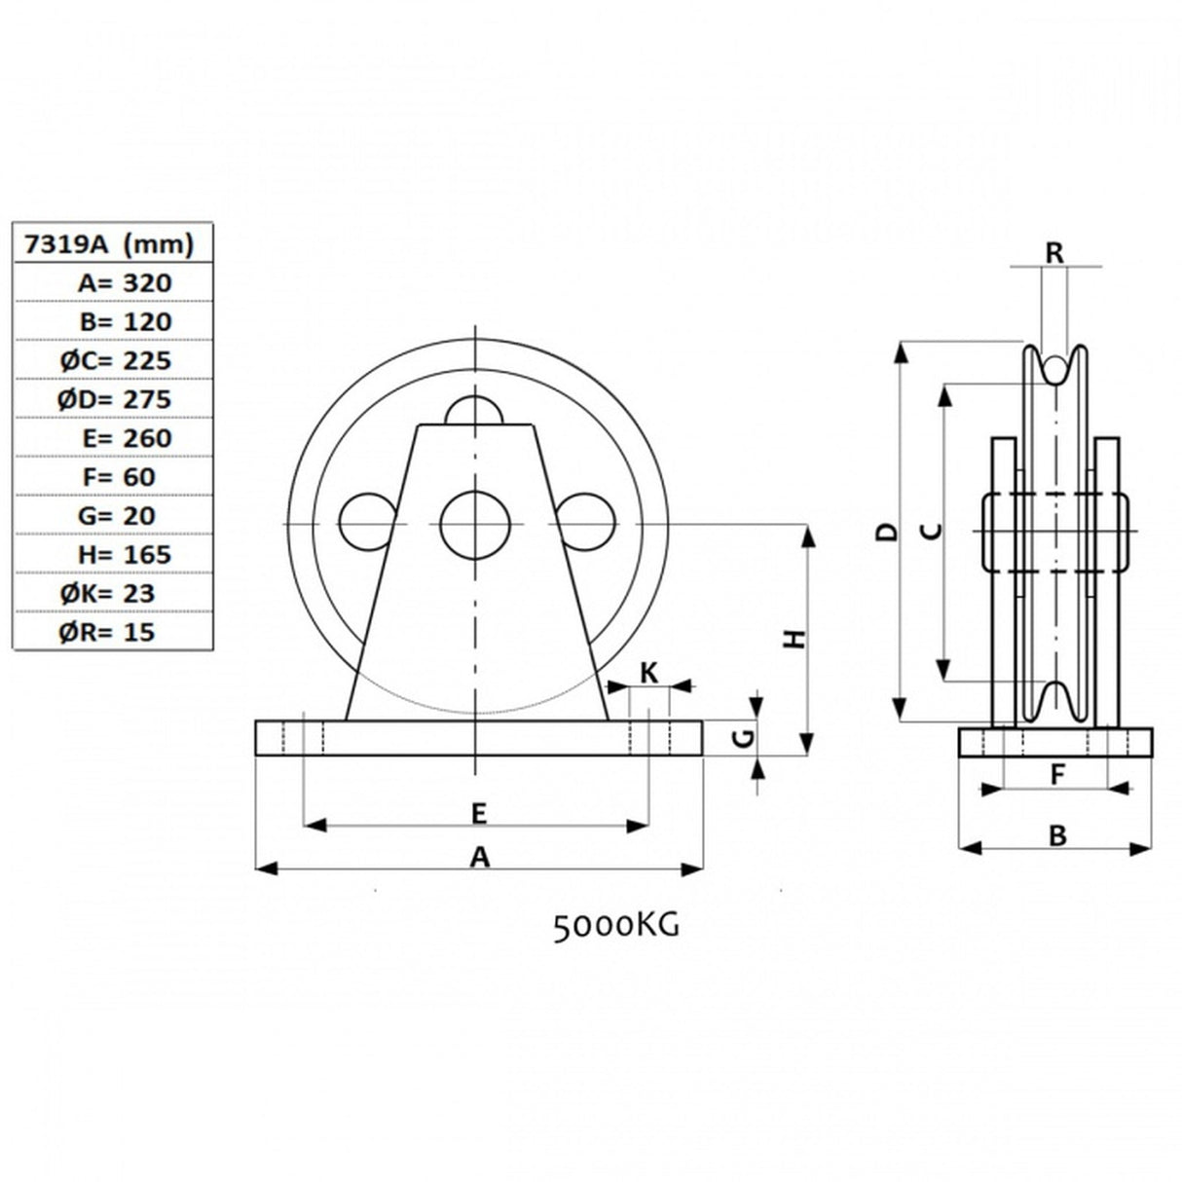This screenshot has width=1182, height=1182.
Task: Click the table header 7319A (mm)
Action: tap(110, 243)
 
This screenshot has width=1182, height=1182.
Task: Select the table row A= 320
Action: tap(124, 282)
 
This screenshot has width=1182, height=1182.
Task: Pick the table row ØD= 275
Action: tap(114, 399)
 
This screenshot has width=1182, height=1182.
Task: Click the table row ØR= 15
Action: tap(106, 632)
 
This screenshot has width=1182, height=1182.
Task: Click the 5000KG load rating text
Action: tap(615, 926)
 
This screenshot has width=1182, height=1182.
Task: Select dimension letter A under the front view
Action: tap(479, 857)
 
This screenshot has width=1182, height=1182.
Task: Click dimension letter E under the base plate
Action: tap(478, 813)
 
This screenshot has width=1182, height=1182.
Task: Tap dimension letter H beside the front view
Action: tap(796, 639)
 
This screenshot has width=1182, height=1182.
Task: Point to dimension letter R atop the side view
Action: tap(1054, 252)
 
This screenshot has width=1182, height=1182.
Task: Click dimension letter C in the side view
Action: tap(931, 531)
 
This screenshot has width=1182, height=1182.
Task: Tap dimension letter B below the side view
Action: tap(1056, 835)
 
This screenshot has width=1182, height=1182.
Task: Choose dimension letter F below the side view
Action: tap(1056, 775)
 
